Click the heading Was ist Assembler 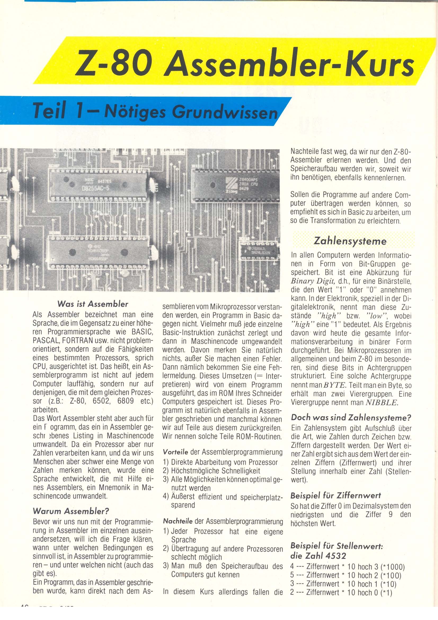click(92, 304)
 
